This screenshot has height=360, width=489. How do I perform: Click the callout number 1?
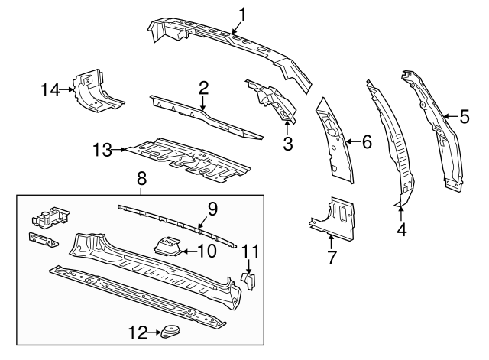pyautogui.click(x=242, y=13)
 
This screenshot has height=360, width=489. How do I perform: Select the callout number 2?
pyautogui.click(x=203, y=88)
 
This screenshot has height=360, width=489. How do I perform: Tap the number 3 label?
pyautogui.click(x=287, y=143)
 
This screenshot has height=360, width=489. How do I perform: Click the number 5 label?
pyautogui.click(x=465, y=117)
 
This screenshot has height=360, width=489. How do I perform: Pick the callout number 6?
pyautogui.click(x=367, y=141)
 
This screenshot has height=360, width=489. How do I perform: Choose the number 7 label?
pyautogui.click(x=332, y=258)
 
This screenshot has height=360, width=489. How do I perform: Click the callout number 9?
pyautogui.click(x=212, y=207)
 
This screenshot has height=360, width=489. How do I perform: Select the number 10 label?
pyautogui.click(x=206, y=250)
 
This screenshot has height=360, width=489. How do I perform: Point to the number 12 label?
pyautogui.click(x=138, y=332)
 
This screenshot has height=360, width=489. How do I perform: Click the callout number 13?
pyautogui.click(x=101, y=150)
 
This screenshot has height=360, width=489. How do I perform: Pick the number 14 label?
pyautogui.click(x=50, y=89)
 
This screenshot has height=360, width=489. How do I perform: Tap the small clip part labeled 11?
pyautogui.click(x=248, y=281)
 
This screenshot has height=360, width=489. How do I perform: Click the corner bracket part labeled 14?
pyautogui.click(x=96, y=92)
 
